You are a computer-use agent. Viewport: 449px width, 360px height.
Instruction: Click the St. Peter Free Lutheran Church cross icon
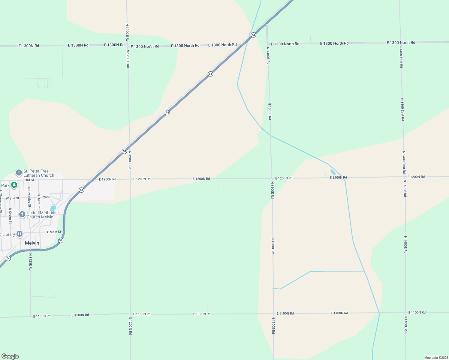tap(19, 173)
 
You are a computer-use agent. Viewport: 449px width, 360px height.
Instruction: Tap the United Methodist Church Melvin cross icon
tap(22, 214)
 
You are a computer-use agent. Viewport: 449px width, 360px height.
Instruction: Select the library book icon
tap(20, 234)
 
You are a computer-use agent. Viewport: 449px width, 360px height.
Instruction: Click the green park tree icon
tap(14, 185)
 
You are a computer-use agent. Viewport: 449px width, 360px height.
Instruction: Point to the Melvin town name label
tap(32, 243)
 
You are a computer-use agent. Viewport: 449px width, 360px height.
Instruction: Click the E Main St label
tap(54, 232)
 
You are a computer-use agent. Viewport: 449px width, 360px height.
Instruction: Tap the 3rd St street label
tap(29, 180)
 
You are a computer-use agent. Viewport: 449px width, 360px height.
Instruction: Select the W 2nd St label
tap(12, 198)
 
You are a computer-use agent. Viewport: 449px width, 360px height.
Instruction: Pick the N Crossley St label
tap(29, 197)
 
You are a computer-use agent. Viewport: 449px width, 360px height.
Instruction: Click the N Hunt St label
tap(39, 200)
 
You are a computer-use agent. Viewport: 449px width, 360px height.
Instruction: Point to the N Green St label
tap(10, 216)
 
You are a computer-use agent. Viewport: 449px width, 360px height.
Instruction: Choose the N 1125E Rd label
tap(30, 262)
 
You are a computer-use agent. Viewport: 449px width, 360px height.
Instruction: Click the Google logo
tap(10, 356)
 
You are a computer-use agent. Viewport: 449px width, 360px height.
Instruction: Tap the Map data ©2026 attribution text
tap(436, 358)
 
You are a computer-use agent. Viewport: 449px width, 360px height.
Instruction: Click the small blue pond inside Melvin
tap(53, 208)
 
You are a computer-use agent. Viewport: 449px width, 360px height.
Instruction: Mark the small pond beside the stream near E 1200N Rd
tap(333, 172)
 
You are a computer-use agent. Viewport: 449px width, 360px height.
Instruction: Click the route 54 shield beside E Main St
tap(61, 240)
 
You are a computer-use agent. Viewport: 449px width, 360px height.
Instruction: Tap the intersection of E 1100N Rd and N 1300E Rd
tap(273, 313)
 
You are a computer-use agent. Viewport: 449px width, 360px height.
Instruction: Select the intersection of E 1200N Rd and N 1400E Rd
tap(405, 177)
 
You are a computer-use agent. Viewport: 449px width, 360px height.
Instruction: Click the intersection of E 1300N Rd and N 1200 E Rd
tap(128, 46)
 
